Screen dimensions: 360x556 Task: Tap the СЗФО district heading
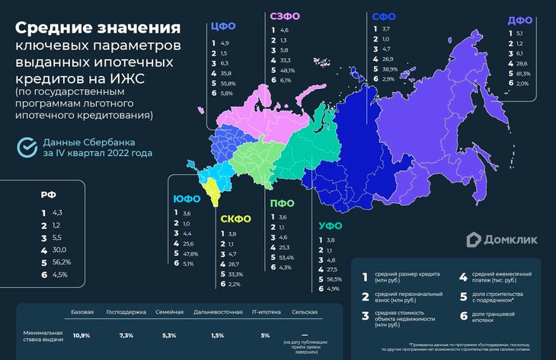pos(285,16)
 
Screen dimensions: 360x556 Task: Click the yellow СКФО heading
pos(236,219)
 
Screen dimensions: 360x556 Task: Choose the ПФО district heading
pos(283,203)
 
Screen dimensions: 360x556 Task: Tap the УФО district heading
pos(331,226)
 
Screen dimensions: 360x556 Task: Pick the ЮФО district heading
pos(187,199)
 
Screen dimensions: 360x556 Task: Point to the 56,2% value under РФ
pos(61,261)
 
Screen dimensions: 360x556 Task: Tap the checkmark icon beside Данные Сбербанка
pos(27,147)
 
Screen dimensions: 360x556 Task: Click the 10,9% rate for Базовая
pos(81,335)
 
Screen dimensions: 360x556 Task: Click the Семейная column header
pos(169,313)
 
